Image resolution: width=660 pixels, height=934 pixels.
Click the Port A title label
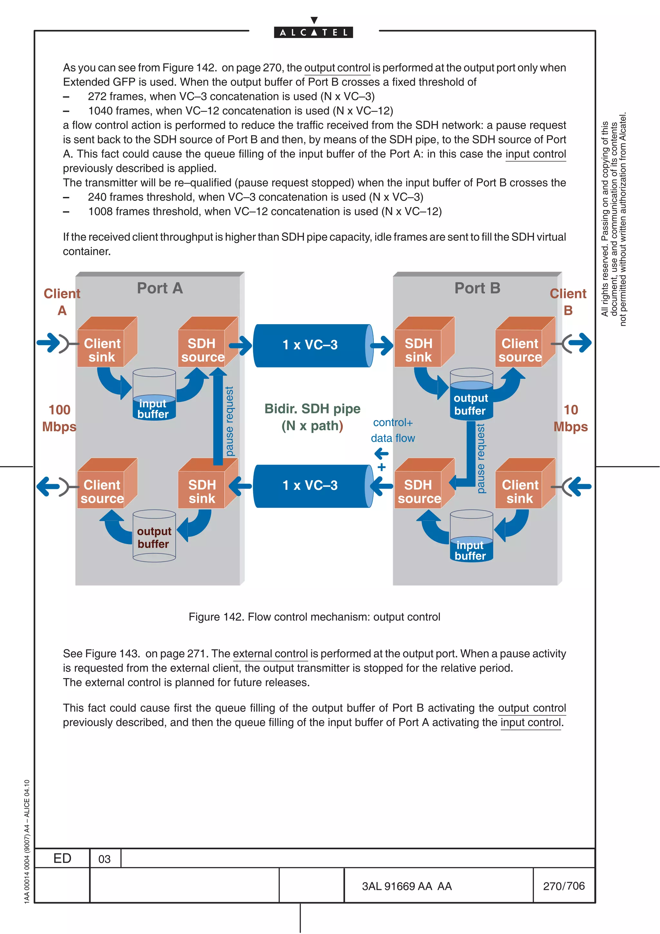pos(160,288)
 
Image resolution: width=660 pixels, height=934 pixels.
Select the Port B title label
pos(477,288)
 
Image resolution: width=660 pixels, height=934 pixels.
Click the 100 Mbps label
pos(59,418)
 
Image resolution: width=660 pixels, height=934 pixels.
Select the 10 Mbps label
pos(570,418)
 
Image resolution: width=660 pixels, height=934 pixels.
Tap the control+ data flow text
pos(393,430)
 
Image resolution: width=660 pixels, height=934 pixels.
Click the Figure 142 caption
pos(314,617)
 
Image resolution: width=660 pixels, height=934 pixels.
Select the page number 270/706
pos(564,886)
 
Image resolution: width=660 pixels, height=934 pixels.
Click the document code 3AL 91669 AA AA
pos(407,886)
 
